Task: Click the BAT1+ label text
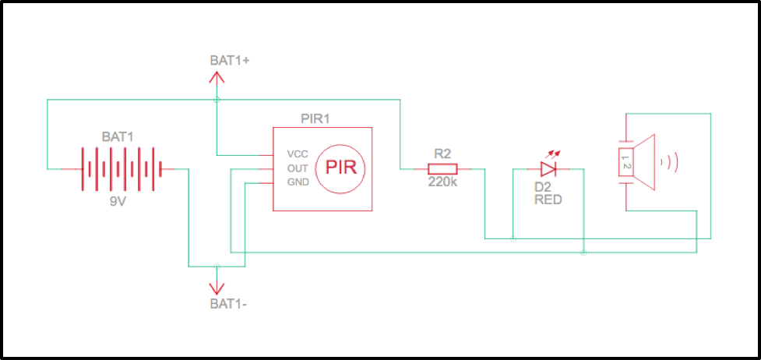tap(228, 60)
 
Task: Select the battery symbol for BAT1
tap(121, 168)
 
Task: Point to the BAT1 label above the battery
tap(118, 136)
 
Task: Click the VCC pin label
tap(298, 154)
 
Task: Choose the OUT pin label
tap(298, 168)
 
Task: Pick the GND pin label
tap(298, 182)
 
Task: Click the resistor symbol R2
tap(442, 168)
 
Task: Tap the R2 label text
tap(442, 154)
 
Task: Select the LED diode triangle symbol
tap(548, 168)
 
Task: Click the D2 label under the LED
tap(543, 187)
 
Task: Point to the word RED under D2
tap(548, 200)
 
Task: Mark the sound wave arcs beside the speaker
tap(670, 162)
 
